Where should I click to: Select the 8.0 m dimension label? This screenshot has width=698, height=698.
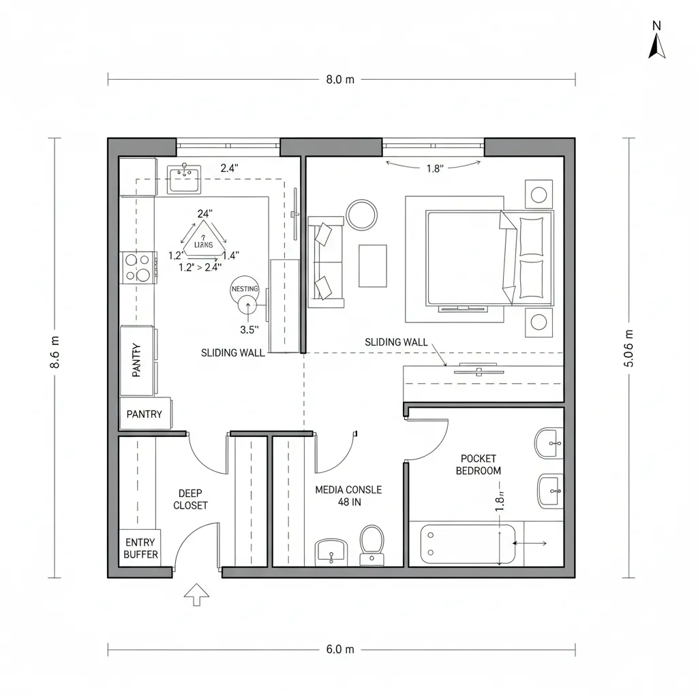point(340,79)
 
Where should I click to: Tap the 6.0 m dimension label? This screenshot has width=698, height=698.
point(340,649)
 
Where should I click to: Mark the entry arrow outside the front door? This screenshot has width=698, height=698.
point(197,594)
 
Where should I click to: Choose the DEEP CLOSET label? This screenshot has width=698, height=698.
point(190,499)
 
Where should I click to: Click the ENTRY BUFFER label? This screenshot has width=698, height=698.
point(140,548)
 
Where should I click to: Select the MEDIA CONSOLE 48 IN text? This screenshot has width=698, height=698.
point(348,496)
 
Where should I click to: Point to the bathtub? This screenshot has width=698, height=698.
point(468,544)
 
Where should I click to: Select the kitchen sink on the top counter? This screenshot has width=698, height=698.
point(183,179)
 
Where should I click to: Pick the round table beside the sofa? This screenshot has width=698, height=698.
point(361,214)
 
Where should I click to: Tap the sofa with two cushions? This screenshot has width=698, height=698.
point(325,259)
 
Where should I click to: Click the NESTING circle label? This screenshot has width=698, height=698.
point(245,289)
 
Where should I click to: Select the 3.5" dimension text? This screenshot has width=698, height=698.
point(250,329)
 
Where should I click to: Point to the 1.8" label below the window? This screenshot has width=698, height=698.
point(434,169)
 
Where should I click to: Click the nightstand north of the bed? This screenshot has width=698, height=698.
point(538,194)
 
